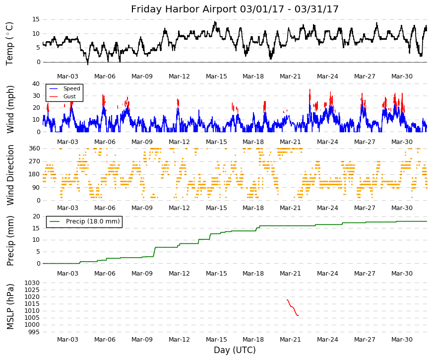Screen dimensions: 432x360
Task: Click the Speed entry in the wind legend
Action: coord(71,88)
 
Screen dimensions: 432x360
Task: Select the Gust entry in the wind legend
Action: coord(69,96)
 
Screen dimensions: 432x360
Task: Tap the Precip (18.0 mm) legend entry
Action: coord(93,221)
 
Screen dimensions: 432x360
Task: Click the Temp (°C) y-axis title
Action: coord(9,44)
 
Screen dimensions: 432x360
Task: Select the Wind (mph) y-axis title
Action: coord(10,110)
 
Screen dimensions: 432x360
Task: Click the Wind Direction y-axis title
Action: coord(10,175)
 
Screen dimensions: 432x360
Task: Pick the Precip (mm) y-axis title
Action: coord(10,241)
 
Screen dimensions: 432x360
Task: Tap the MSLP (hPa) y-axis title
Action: coord(10,307)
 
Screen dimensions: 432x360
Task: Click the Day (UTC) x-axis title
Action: coord(235,350)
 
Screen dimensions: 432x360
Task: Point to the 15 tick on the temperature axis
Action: coord(36,19)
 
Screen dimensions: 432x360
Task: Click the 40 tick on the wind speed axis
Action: coord(36,83)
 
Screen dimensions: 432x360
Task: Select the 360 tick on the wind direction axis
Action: coord(34,148)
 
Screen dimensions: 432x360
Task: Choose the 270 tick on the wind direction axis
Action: coord(34,161)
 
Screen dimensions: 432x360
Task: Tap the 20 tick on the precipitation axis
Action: coord(36,216)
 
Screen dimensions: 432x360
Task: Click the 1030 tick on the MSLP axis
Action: coord(32,283)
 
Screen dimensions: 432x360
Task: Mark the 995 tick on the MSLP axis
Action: coord(34,332)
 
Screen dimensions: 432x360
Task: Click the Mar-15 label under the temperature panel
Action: coord(216,76)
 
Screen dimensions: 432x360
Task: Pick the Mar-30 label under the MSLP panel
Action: coord(402,340)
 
